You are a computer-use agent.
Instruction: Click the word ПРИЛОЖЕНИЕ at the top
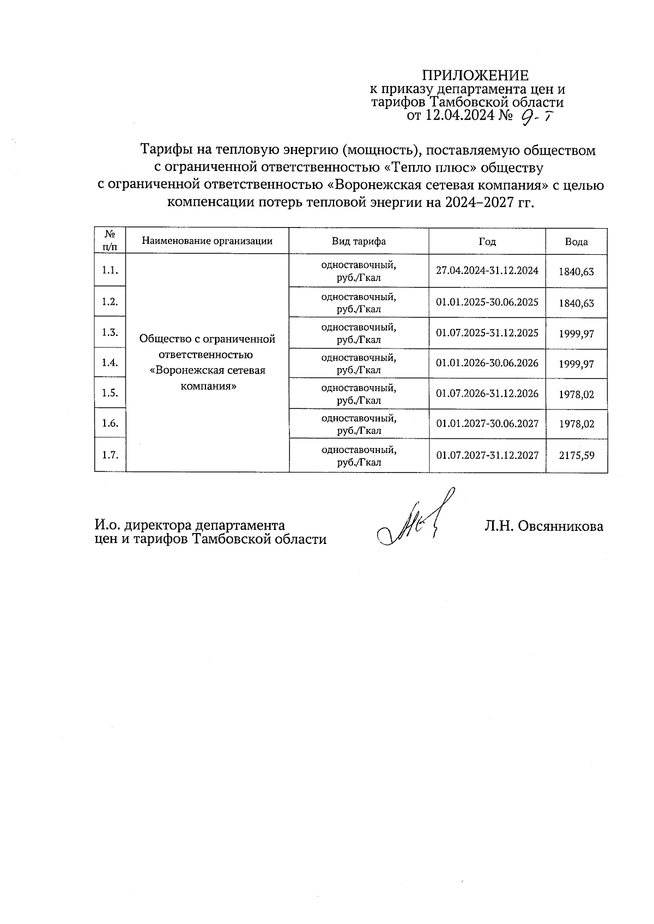tap(475, 75)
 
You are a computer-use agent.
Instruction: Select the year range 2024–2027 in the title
tap(480, 203)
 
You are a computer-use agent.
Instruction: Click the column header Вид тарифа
tap(359, 241)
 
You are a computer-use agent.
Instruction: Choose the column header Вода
tap(576, 242)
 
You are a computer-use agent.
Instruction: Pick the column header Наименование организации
tap(207, 241)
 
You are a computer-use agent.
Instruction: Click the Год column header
tap(487, 241)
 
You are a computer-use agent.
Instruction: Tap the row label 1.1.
tap(110, 271)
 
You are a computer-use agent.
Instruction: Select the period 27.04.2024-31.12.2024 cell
tap(487, 271)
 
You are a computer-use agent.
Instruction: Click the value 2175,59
tap(576, 455)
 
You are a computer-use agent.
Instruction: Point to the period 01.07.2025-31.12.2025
tap(487, 333)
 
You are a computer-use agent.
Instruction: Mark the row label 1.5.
tap(110, 393)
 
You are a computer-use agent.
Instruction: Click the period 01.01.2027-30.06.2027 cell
tap(487, 424)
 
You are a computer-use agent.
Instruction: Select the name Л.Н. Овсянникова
tap(543, 526)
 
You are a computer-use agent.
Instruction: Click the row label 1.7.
tap(110, 455)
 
